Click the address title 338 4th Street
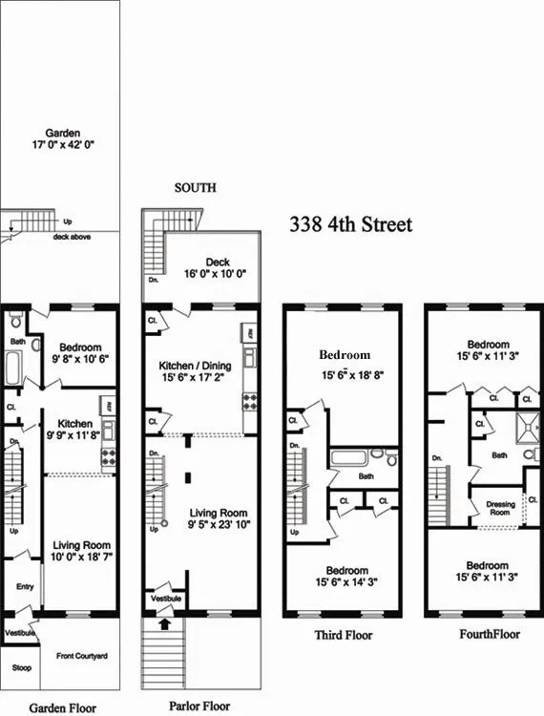351,225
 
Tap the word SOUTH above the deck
195,188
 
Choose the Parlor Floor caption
199,706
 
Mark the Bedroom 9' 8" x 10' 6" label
83,352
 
